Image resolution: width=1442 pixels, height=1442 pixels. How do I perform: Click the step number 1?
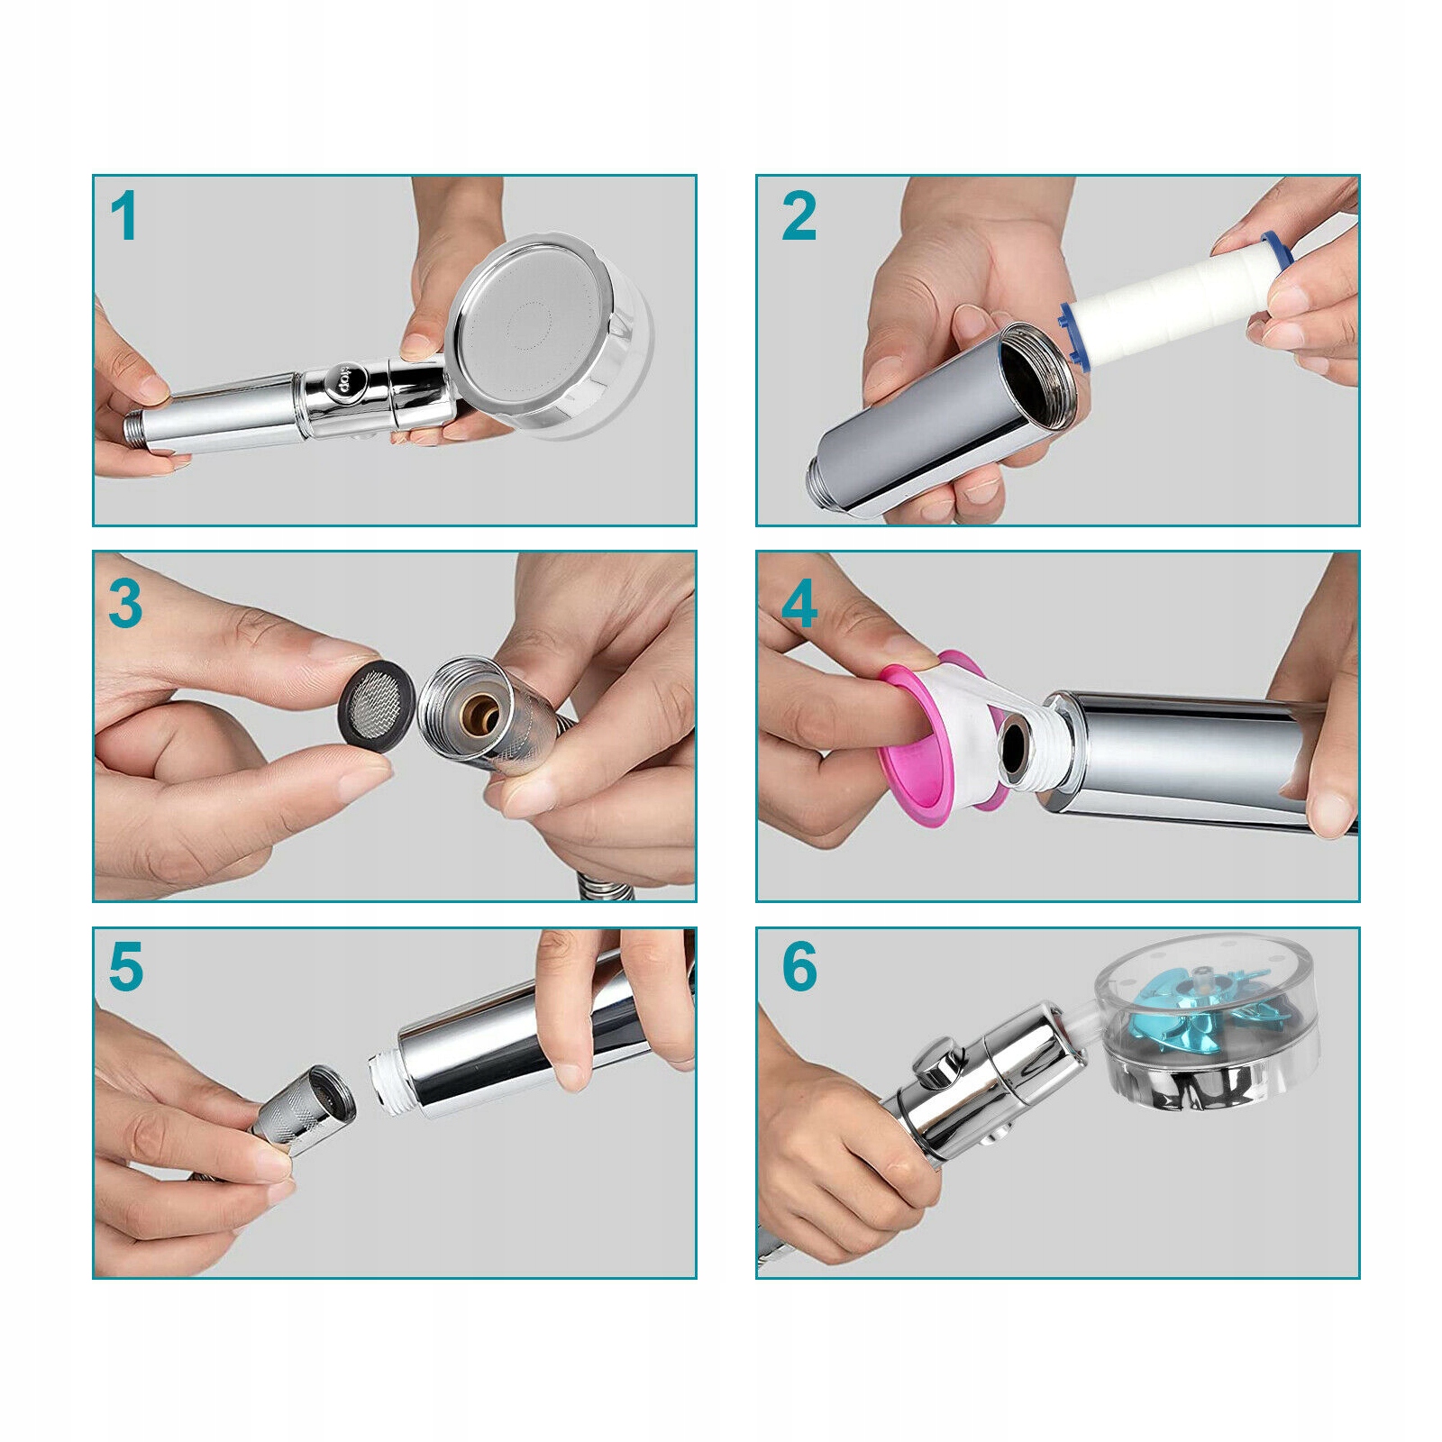tap(124, 217)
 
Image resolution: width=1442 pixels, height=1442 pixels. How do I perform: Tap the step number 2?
tap(799, 217)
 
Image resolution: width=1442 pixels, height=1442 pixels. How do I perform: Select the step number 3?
tap(125, 604)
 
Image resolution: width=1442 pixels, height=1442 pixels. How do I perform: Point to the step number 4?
tap(799, 604)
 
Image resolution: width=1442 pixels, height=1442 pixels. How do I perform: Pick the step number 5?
tap(125, 967)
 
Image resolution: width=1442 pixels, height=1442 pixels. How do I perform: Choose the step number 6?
tap(799, 967)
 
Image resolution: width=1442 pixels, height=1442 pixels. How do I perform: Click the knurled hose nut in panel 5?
tap(298, 1115)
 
